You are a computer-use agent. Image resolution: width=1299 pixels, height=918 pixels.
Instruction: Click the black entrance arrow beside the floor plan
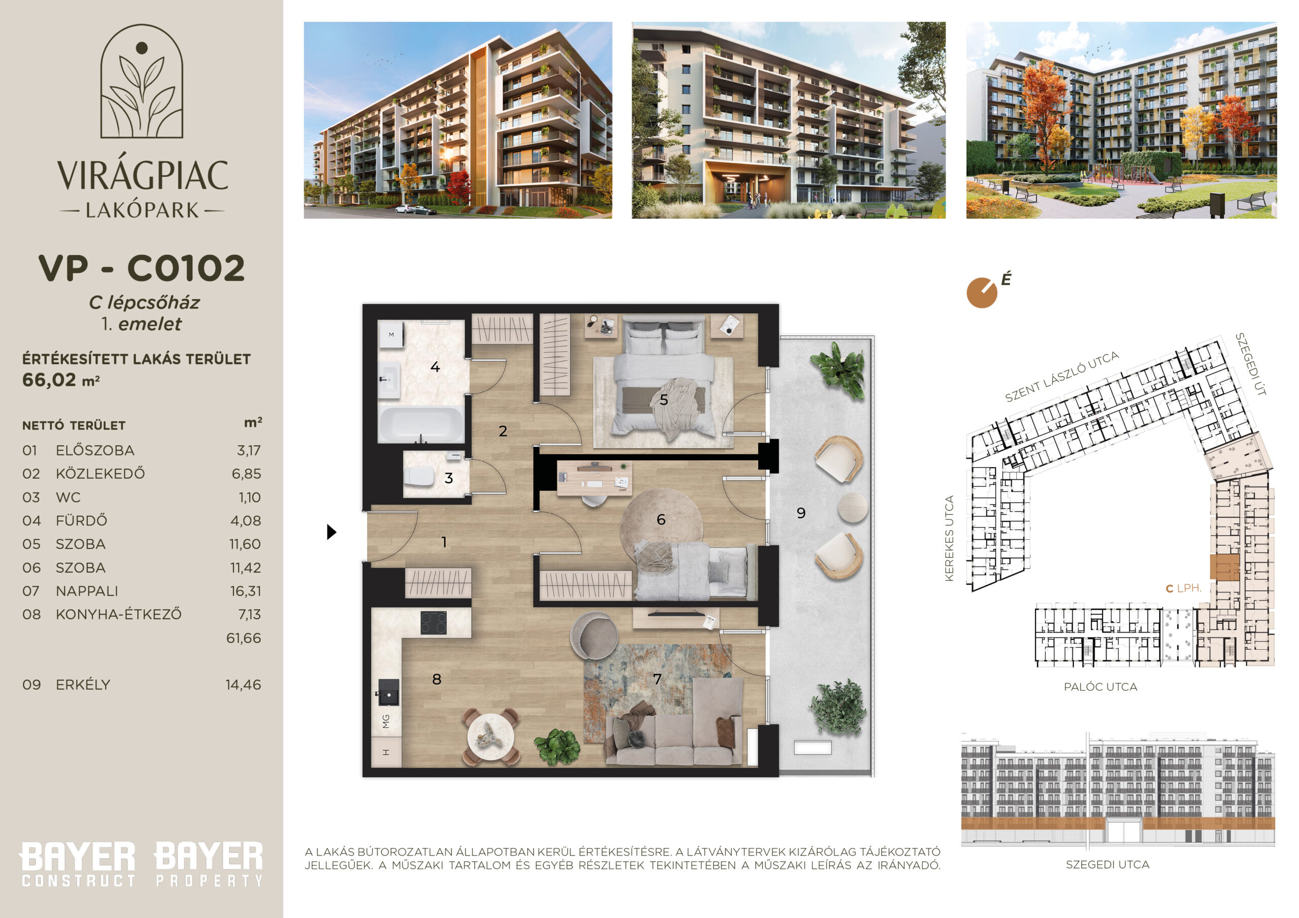pos(331,532)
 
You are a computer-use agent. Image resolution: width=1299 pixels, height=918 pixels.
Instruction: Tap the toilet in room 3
pos(419,476)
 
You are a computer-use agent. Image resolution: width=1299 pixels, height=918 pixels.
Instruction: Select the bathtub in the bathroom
pos(421,423)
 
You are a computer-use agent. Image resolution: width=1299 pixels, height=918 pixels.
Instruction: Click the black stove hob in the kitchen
pos(433,623)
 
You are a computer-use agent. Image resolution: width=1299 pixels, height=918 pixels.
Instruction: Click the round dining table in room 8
pos(491,736)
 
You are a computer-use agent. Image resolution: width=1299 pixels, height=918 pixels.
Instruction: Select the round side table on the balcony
pos(852,507)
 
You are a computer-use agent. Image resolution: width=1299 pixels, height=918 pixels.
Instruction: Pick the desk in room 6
pos(595,478)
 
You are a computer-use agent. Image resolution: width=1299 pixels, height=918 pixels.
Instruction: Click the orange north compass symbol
pos(982,293)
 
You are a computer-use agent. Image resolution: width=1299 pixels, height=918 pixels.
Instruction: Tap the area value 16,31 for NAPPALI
pos(246,591)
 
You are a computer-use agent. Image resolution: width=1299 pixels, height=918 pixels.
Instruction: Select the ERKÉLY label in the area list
pos(83,684)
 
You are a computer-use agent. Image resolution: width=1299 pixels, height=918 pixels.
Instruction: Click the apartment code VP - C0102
pos(142,268)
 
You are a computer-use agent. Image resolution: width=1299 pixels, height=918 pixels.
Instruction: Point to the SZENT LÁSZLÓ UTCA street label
pos(1062,376)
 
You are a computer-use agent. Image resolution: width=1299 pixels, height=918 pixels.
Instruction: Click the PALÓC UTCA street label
pos(1101,687)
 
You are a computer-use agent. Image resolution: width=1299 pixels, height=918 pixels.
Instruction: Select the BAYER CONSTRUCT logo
pos(78,864)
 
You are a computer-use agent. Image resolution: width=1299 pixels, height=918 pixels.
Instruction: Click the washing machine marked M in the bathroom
pos(391,335)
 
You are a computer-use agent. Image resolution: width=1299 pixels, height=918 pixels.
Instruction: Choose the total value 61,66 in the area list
pos(244,638)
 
